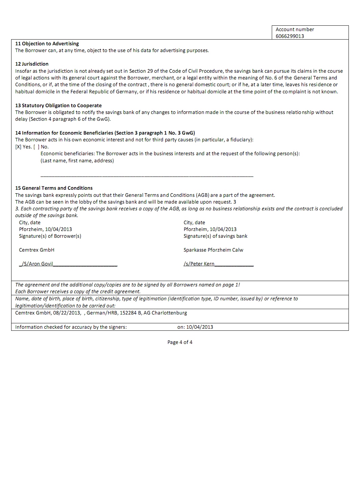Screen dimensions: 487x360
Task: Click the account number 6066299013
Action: pos(290,36)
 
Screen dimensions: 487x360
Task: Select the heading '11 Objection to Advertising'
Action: pos(47,44)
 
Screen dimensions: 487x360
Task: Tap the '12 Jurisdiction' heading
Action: pos(32,64)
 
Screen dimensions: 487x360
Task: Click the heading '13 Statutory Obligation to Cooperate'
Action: pos(58,106)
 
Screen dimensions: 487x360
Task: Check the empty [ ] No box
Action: pos(36,147)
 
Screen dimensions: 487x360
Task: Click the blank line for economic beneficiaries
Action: pos(147,175)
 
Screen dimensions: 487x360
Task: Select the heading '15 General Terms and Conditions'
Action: pos(54,188)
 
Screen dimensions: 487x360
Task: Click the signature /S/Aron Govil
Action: pos(38,264)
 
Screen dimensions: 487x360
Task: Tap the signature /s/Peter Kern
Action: pos(199,264)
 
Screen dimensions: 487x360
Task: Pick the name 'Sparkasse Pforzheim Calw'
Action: pos(213,250)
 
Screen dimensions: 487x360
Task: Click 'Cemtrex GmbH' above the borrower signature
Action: pos(37,250)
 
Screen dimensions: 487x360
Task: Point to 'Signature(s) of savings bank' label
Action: pos(215,236)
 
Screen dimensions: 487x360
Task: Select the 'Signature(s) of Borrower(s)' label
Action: pos(50,236)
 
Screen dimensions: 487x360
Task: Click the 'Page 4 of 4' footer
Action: pos(180,342)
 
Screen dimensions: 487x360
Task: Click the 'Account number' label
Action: pos(295,29)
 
